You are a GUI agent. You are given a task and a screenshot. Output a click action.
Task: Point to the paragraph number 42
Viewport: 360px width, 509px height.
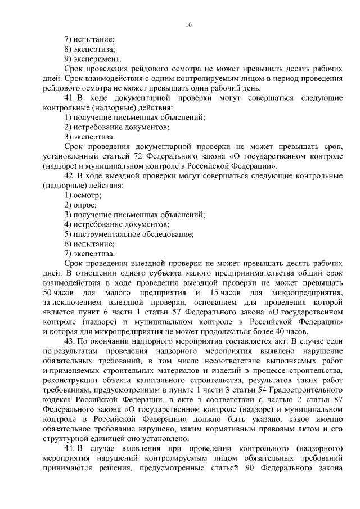coord(70,176)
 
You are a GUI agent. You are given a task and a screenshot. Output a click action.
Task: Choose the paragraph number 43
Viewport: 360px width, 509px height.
coord(70,341)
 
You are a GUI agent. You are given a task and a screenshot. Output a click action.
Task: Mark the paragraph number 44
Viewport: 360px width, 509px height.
coord(70,448)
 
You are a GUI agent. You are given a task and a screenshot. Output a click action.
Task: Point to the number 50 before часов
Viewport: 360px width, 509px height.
coord(48,294)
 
